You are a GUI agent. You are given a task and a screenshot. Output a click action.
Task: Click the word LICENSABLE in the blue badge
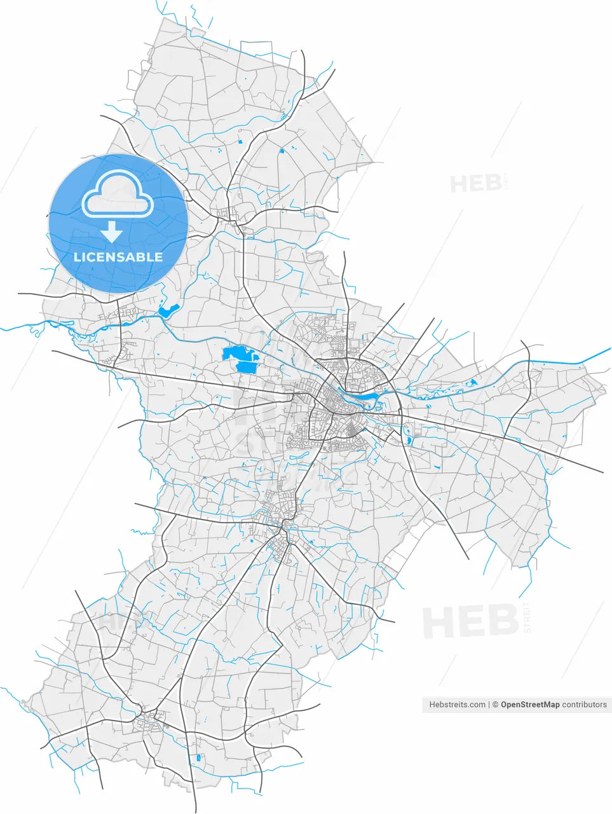(x=118, y=258)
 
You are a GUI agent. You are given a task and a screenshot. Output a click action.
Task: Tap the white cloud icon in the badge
(x=118, y=193)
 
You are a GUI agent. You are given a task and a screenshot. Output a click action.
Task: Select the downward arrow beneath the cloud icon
(x=112, y=231)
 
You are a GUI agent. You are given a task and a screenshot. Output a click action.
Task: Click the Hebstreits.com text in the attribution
(x=458, y=705)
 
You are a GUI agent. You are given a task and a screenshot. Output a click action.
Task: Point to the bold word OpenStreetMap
(x=530, y=705)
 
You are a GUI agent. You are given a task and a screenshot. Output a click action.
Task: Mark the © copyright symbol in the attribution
(x=495, y=705)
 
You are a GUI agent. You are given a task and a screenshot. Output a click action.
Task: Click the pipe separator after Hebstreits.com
(x=489, y=705)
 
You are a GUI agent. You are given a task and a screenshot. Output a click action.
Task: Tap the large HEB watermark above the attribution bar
(x=470, y=621)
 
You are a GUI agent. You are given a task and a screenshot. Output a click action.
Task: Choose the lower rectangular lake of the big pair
(x=245, y=366)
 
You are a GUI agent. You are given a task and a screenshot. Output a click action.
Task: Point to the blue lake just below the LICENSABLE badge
(x=167, y=312)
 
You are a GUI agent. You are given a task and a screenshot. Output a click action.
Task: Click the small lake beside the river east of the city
(x=472, y=383)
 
